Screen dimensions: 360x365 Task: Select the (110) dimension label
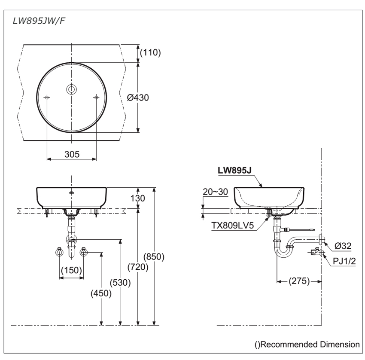[x=150, y=53]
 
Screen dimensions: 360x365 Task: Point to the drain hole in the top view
[x=71, y=89]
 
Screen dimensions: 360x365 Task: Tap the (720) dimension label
[x=138, y=267]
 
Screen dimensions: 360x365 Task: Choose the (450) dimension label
[x=101, y=293]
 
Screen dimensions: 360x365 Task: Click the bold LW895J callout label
[x=234, y=170]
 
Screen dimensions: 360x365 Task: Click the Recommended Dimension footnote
[x=306, y=344]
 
